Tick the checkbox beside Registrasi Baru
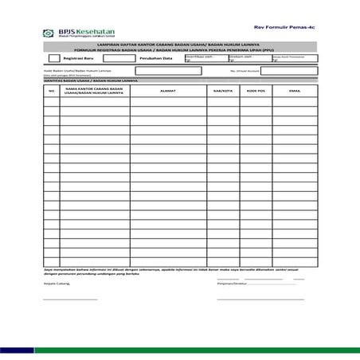(x=54, y=58)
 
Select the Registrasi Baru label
(x=80, y=59)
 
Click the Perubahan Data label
(x=155, y=59)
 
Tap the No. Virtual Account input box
(x=288, y=70)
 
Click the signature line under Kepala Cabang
(x=70, y=299)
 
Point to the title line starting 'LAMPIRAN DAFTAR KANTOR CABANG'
(x=179, y=44)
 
